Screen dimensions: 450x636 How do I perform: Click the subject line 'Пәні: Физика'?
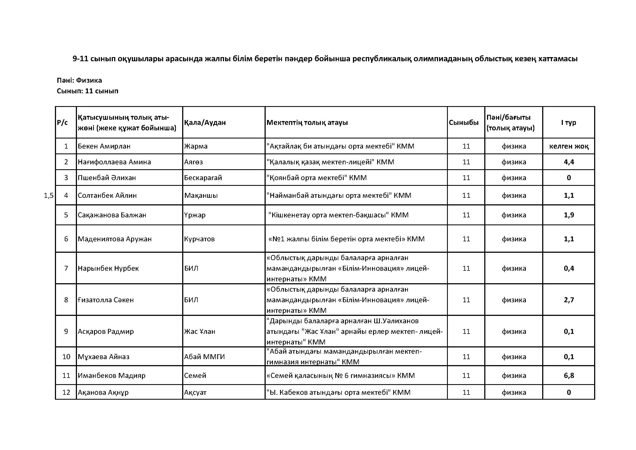point(79,80)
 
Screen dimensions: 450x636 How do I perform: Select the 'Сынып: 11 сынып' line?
point(88,91)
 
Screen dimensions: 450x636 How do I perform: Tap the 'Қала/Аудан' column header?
point(205,122)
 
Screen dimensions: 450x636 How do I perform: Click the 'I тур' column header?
point(568,122)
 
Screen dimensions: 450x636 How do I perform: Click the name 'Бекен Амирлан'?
point(104,146)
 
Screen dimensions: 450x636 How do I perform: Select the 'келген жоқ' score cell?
point(569,146)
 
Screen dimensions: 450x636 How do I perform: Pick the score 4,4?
point(569,162)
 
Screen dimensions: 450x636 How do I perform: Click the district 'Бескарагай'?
point(203,178)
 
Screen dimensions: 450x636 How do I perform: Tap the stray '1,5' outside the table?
point(48,196)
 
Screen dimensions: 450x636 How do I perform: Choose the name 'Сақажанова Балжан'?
point(112,215)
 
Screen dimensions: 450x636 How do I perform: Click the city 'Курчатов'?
point(199,239)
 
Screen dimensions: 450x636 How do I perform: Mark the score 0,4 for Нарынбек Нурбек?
point(569,268)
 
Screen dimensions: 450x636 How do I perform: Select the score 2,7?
point(569,300)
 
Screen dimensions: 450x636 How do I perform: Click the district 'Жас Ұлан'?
point(199,331)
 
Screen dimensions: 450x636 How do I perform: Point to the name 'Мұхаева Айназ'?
point(104,357)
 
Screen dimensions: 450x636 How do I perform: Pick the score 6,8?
point(569,375)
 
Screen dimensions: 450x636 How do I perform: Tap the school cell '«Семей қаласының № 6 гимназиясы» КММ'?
point(340,375)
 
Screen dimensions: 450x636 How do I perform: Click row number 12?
point(66,392)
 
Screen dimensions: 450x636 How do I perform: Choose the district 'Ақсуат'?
point(195,392)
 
